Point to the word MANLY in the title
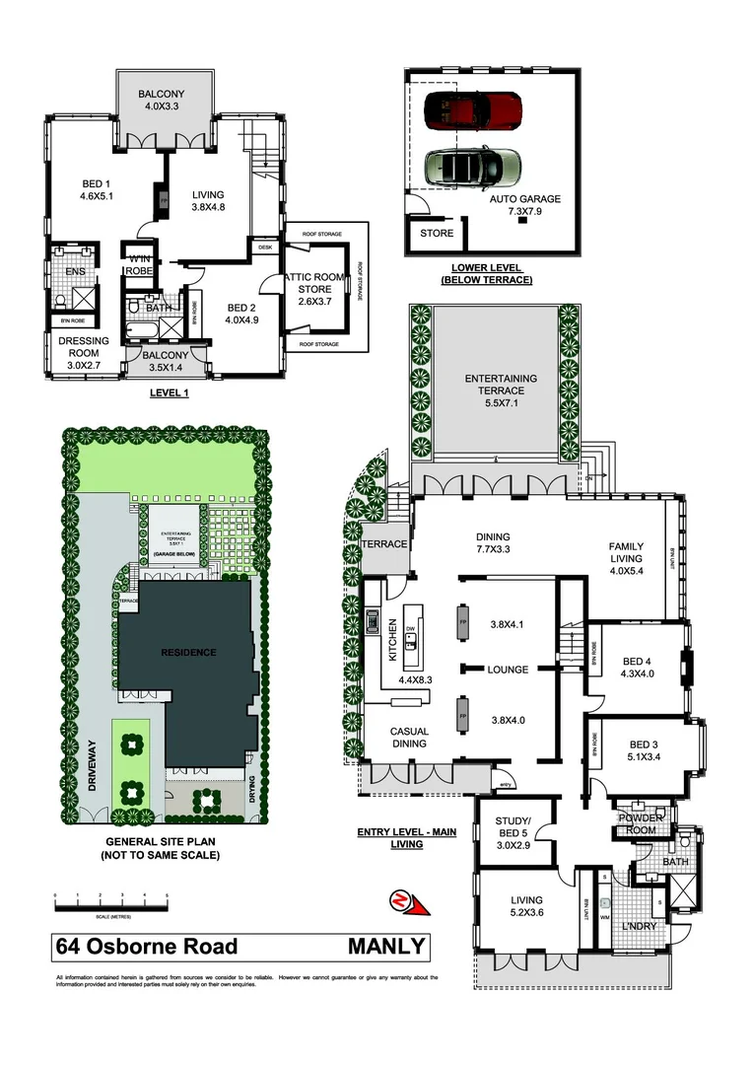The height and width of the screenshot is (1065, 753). [x=386, y=948]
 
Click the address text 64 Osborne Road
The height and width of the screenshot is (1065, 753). [x=147, y=948]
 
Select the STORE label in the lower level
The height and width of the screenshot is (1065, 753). [x=437, y=234]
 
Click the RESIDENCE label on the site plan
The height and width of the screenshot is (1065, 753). [x=189, y=652]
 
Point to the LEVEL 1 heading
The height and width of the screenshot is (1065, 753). [x=168, y=391]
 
